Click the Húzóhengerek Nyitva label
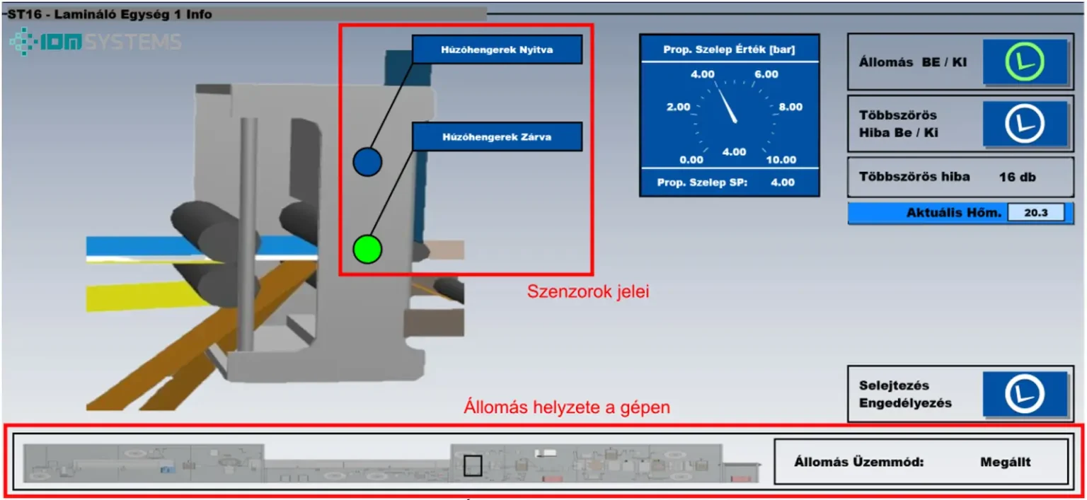point(497,50)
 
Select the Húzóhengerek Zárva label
point(497,137)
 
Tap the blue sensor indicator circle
point(367,162)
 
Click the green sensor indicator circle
point(367,249)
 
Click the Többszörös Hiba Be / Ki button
point(1024,123)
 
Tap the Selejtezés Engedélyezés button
point(1024,394)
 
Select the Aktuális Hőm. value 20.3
point(1035,212)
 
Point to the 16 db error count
point(1017,177)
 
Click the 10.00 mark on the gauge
point(781,160)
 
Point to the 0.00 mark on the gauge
point(691,160)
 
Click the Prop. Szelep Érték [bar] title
point(729,50)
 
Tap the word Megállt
point(1005,463)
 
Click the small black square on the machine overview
point(472,465)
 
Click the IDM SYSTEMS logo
point(96,42)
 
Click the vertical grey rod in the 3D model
point(247,233)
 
